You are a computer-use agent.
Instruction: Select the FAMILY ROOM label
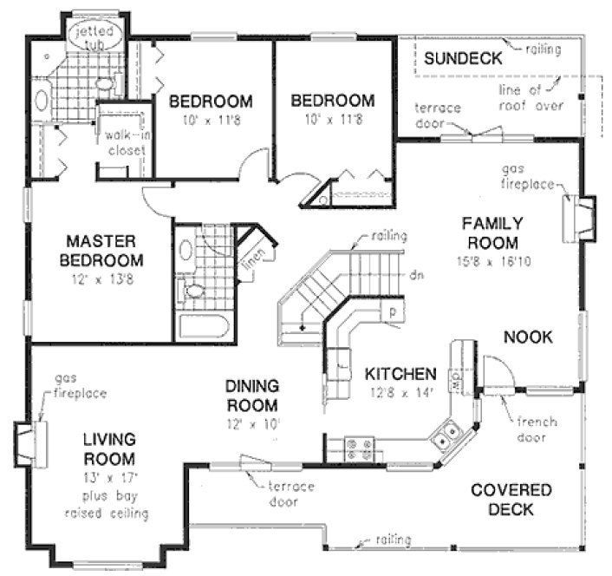click(489, 232)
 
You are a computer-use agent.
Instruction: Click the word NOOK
click(527, 337)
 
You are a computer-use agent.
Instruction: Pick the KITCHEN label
click(400, 375)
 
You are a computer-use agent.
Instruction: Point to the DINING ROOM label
click(251, 396)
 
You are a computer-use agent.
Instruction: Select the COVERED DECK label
click(511, 501)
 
